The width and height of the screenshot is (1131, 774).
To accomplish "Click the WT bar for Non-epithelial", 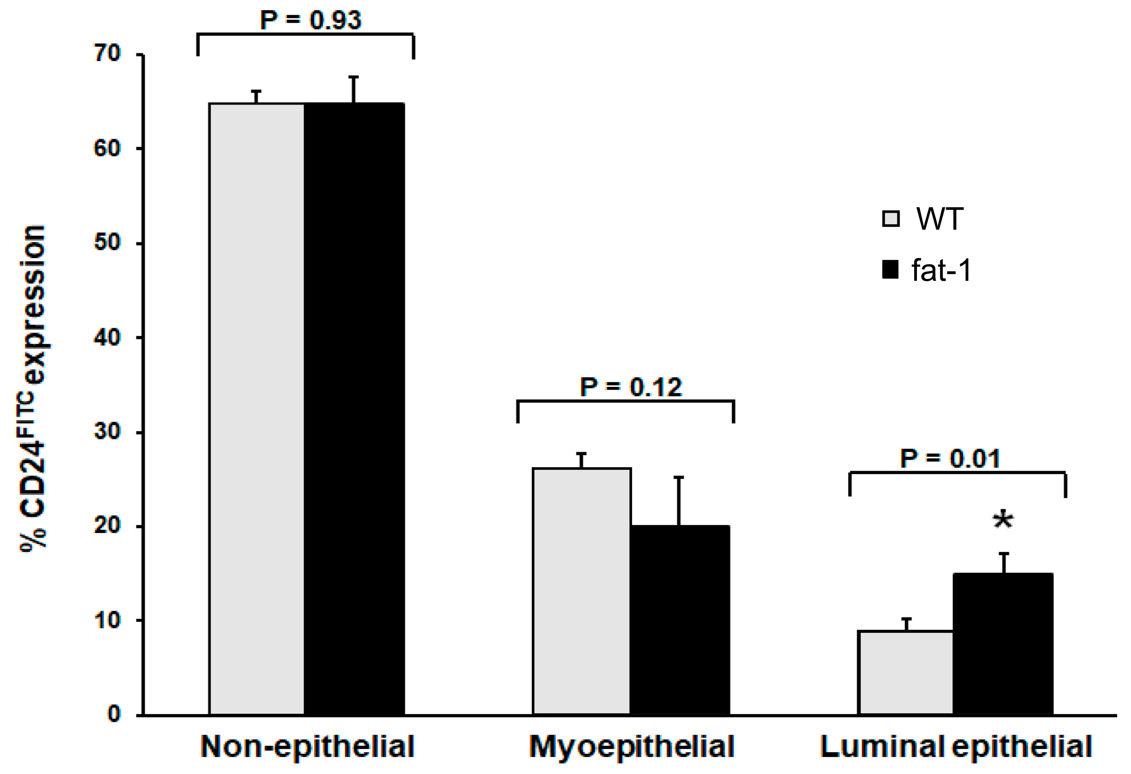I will [x=257, y=409].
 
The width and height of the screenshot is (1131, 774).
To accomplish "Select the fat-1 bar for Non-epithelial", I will [x=354, y=409].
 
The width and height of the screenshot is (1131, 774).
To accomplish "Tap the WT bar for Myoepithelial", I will [x=581, y=591].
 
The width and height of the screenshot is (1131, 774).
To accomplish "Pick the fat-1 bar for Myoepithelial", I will [x=680, y=620].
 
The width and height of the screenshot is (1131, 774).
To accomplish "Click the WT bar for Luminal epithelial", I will [x=906, y=673].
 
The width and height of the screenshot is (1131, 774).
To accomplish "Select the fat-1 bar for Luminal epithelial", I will [x=1003, y=644].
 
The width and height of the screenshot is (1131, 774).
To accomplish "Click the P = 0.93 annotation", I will [x=310, y=21].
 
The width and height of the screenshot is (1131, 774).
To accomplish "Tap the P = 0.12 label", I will [x=631, y=388].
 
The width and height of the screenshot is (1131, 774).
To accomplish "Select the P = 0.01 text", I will [x=950, y=458].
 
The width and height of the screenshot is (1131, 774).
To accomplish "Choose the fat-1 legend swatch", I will [x=890, y=270].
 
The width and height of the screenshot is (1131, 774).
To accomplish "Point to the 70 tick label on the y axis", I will [x=107, y=53].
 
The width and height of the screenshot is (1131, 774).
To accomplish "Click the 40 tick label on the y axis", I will [x=107, y=337].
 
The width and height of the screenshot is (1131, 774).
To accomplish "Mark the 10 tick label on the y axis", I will [x=107, y=621].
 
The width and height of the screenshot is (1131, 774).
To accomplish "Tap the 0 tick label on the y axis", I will [x=114, y=714].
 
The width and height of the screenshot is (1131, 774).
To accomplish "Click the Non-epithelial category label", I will [x=308, y=747].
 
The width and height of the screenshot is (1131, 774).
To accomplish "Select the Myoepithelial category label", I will [x=632, y=747].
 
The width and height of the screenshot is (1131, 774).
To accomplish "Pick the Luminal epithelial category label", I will [x=956, y=747].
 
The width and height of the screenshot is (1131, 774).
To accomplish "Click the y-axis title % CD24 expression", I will [x=33, y=387].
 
